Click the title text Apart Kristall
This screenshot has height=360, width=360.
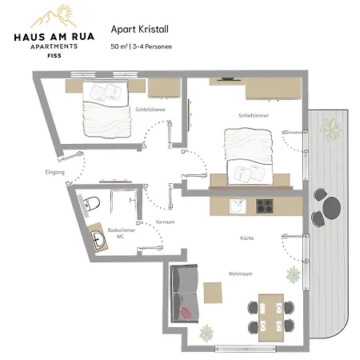point(140,30)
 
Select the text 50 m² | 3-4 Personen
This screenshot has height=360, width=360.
point(141,46)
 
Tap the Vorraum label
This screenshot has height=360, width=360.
point(165,222)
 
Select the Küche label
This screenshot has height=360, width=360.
point(247,238)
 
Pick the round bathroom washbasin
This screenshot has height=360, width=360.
point(98,238)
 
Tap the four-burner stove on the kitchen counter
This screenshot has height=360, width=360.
point(265,206)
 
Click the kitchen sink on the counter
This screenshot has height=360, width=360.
point(238,206)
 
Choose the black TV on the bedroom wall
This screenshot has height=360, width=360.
point(227,79)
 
